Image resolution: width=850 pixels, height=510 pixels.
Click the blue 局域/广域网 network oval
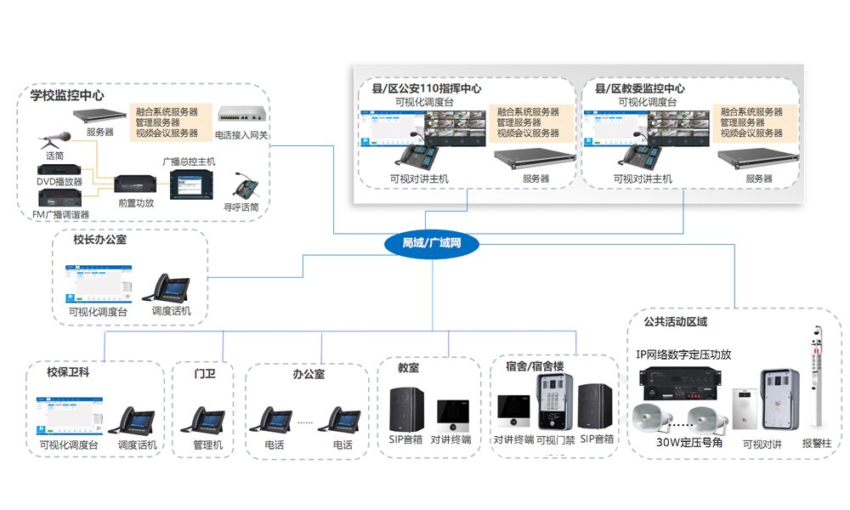[x=431, y=244]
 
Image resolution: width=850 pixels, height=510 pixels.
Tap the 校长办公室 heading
[x=99, y=241]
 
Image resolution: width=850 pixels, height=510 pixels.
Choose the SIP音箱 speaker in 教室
[x=407, y=409]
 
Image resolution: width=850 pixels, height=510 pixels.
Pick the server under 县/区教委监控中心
[x=757, y=157]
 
